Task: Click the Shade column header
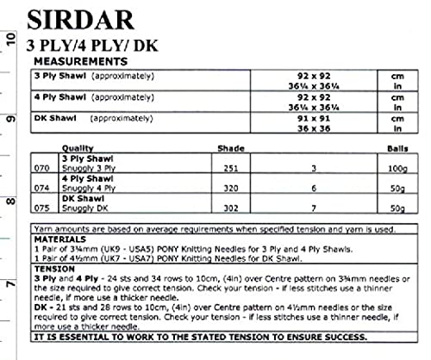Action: pyautogui.click(x=229, y=148)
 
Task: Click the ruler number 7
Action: pyautogui.click(x=9, y=287)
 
